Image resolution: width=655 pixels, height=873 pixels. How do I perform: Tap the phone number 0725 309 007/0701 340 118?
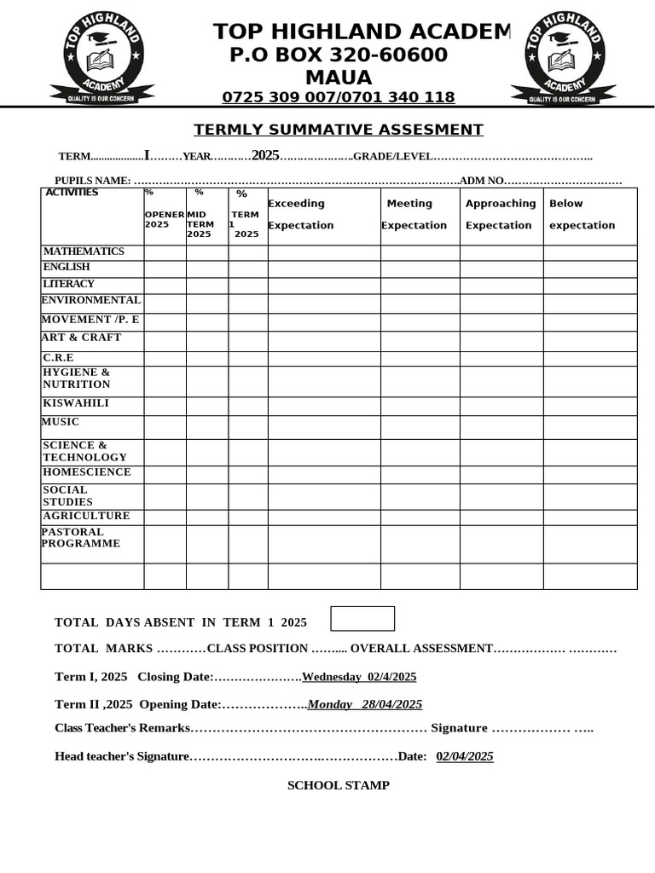339,97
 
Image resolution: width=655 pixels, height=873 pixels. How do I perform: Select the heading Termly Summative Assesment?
339,130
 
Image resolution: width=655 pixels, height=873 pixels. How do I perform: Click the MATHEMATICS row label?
84,251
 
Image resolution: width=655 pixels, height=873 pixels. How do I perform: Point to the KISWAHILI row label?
76,403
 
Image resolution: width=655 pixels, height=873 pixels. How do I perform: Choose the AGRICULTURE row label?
86,516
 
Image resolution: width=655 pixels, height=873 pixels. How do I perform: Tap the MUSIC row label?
61,422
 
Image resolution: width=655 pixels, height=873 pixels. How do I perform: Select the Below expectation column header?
582,215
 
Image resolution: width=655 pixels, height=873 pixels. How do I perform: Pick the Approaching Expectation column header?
501,215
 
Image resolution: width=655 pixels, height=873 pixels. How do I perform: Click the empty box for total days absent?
362,619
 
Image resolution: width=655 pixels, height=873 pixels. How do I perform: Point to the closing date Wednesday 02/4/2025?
359,677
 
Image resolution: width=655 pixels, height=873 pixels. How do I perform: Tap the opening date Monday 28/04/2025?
365,704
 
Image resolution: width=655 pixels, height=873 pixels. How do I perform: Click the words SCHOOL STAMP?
338,785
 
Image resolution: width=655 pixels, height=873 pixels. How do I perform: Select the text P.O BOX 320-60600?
339,55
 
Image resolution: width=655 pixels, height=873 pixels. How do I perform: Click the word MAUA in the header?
339,78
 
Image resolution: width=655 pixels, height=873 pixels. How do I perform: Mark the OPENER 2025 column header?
164,219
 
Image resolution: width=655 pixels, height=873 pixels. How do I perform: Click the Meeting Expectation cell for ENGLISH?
420,269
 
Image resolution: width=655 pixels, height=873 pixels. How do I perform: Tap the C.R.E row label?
59,358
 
